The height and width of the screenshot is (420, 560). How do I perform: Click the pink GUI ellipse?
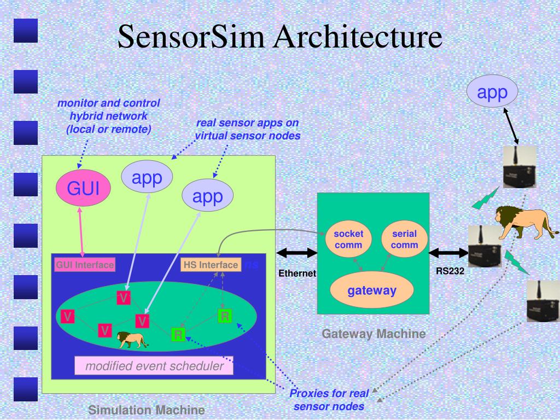pos(83,189)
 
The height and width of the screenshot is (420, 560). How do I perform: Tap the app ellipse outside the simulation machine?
pos(493,92)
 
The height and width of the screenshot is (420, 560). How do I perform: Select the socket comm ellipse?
pos(348,239)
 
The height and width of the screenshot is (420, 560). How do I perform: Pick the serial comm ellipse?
pos(404,239)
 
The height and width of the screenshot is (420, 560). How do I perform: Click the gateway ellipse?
pos(372,290)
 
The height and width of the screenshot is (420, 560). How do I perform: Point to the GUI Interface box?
pos(85,265)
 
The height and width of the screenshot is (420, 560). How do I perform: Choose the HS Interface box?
pos(211,265)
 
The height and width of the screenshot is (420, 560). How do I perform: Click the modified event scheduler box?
pos(154,366)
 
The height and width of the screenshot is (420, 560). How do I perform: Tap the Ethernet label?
pos(297,273)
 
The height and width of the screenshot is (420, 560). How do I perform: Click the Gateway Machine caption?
pos(374,334)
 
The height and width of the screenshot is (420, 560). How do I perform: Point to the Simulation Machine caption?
pos(147,410)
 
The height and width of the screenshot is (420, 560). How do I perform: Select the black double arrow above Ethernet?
pos(297,253)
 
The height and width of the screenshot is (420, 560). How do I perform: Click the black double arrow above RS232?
pos(448,253)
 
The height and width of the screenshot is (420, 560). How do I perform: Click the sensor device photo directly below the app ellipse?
pos(520,167)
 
